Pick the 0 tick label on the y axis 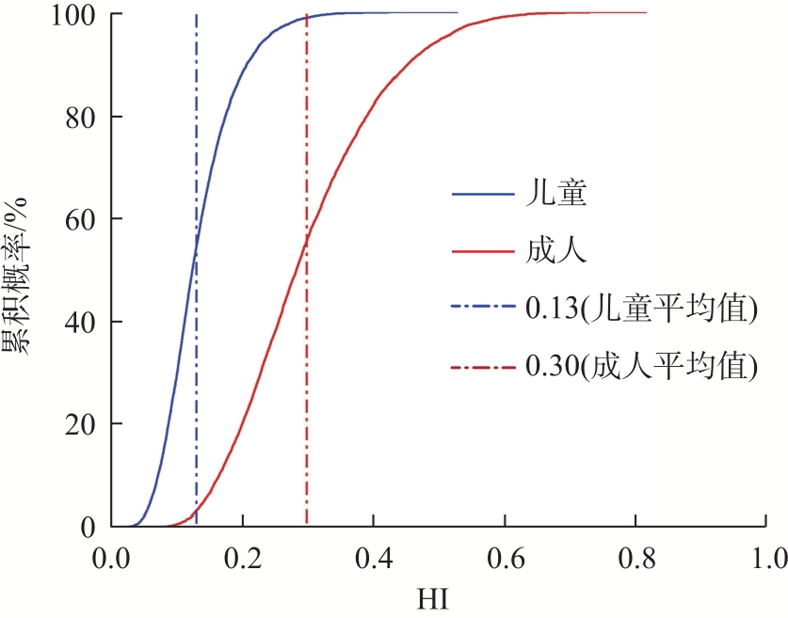coord(91,527)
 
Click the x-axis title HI coord(439,596)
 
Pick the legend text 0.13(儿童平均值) coord(639,309)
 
